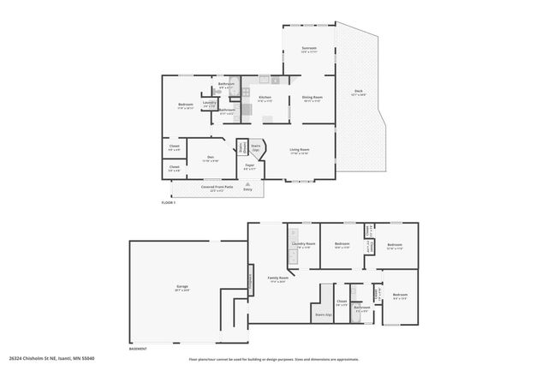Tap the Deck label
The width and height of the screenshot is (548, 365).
(358, 93)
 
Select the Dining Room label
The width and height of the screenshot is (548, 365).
(312, 98)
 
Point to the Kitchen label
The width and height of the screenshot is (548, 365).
(265, 98)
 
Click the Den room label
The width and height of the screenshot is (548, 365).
(210, 157)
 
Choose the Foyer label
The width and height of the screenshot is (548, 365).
(250, 165)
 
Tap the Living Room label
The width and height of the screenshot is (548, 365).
(299, 150)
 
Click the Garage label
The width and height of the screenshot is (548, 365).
(182, 285)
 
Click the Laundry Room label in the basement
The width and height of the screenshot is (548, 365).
(301, 244)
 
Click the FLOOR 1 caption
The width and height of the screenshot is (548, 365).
(168, 202)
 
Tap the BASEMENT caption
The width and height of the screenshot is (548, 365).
(138, 348)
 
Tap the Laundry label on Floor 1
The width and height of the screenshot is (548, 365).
(210, 103)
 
